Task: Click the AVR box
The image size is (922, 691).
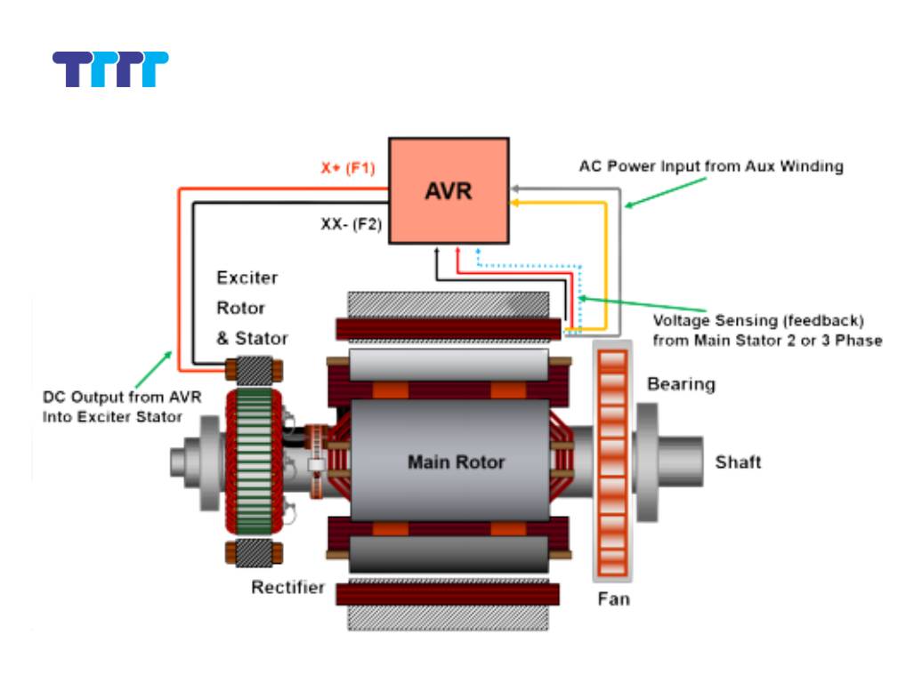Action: (449, 190)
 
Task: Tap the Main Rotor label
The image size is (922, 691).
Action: (456, 462)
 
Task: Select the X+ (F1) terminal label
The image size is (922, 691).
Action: (351, 167)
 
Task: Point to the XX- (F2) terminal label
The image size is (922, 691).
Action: (351, 225)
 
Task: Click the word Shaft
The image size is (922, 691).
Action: (738, 462)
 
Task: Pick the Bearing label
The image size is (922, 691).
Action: (681, 384)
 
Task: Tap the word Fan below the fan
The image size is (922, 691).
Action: (613, 599)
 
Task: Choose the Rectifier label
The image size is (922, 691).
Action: (287, 588)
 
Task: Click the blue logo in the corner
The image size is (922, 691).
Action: (110, 69)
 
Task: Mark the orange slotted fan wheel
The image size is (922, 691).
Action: (613, 462)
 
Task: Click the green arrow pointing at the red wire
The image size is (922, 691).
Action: (157, 366)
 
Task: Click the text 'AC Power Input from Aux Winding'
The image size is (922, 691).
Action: (711, 166)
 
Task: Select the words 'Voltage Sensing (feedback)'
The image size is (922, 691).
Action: (758, 320)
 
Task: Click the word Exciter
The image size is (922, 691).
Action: (247, 277)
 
